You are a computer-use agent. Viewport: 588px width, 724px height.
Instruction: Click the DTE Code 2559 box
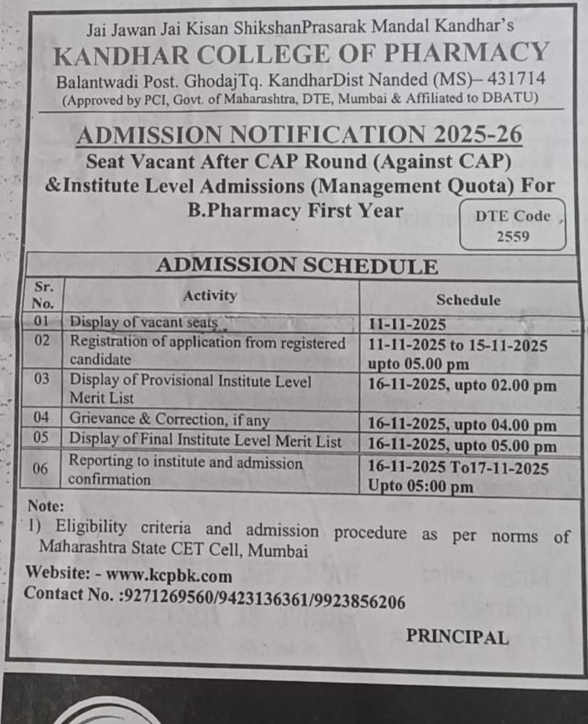[512, 225]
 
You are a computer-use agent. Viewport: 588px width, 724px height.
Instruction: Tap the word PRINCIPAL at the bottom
[457, 637]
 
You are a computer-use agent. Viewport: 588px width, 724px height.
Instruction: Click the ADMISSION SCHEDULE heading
[296, 266]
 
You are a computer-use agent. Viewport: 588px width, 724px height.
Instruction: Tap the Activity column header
[210, 295]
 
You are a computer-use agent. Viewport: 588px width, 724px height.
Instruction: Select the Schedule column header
[468, 300]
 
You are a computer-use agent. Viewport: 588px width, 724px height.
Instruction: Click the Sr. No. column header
[43, 295]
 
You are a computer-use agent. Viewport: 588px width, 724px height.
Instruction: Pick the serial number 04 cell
[42, 420]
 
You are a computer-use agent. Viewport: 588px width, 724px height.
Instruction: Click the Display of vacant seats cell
[143, 322]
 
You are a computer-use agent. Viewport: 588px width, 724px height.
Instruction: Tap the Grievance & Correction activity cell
[169, 420]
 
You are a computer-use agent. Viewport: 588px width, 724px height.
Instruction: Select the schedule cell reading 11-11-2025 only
[407, 325]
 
